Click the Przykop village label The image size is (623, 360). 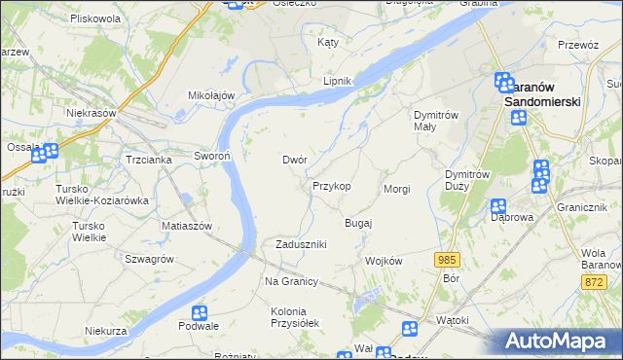click(331, 186)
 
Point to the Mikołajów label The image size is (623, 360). click(212, 95)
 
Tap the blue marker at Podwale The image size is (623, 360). click(200, 312)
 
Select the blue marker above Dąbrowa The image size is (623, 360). click(498, 205)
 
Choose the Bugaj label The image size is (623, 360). click(358, 224)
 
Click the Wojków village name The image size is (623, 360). click(383, 262)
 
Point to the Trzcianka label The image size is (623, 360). click(149, 160)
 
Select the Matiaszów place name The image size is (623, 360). click(187, 225)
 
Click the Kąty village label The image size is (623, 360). click(328, 43)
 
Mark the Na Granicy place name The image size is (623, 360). click(292, 281)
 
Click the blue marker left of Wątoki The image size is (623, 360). click(410, 328)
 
